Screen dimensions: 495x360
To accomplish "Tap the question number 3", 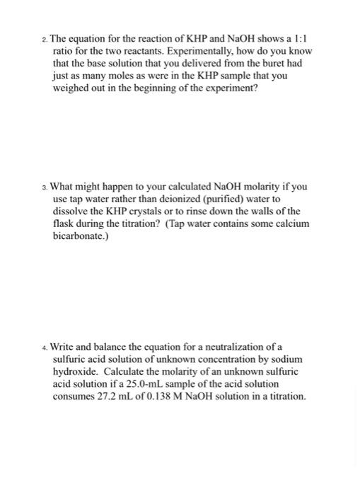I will coord(44,187).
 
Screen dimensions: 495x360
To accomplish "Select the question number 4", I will coord(44,348).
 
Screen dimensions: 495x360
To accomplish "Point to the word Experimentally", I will coord(186,52).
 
